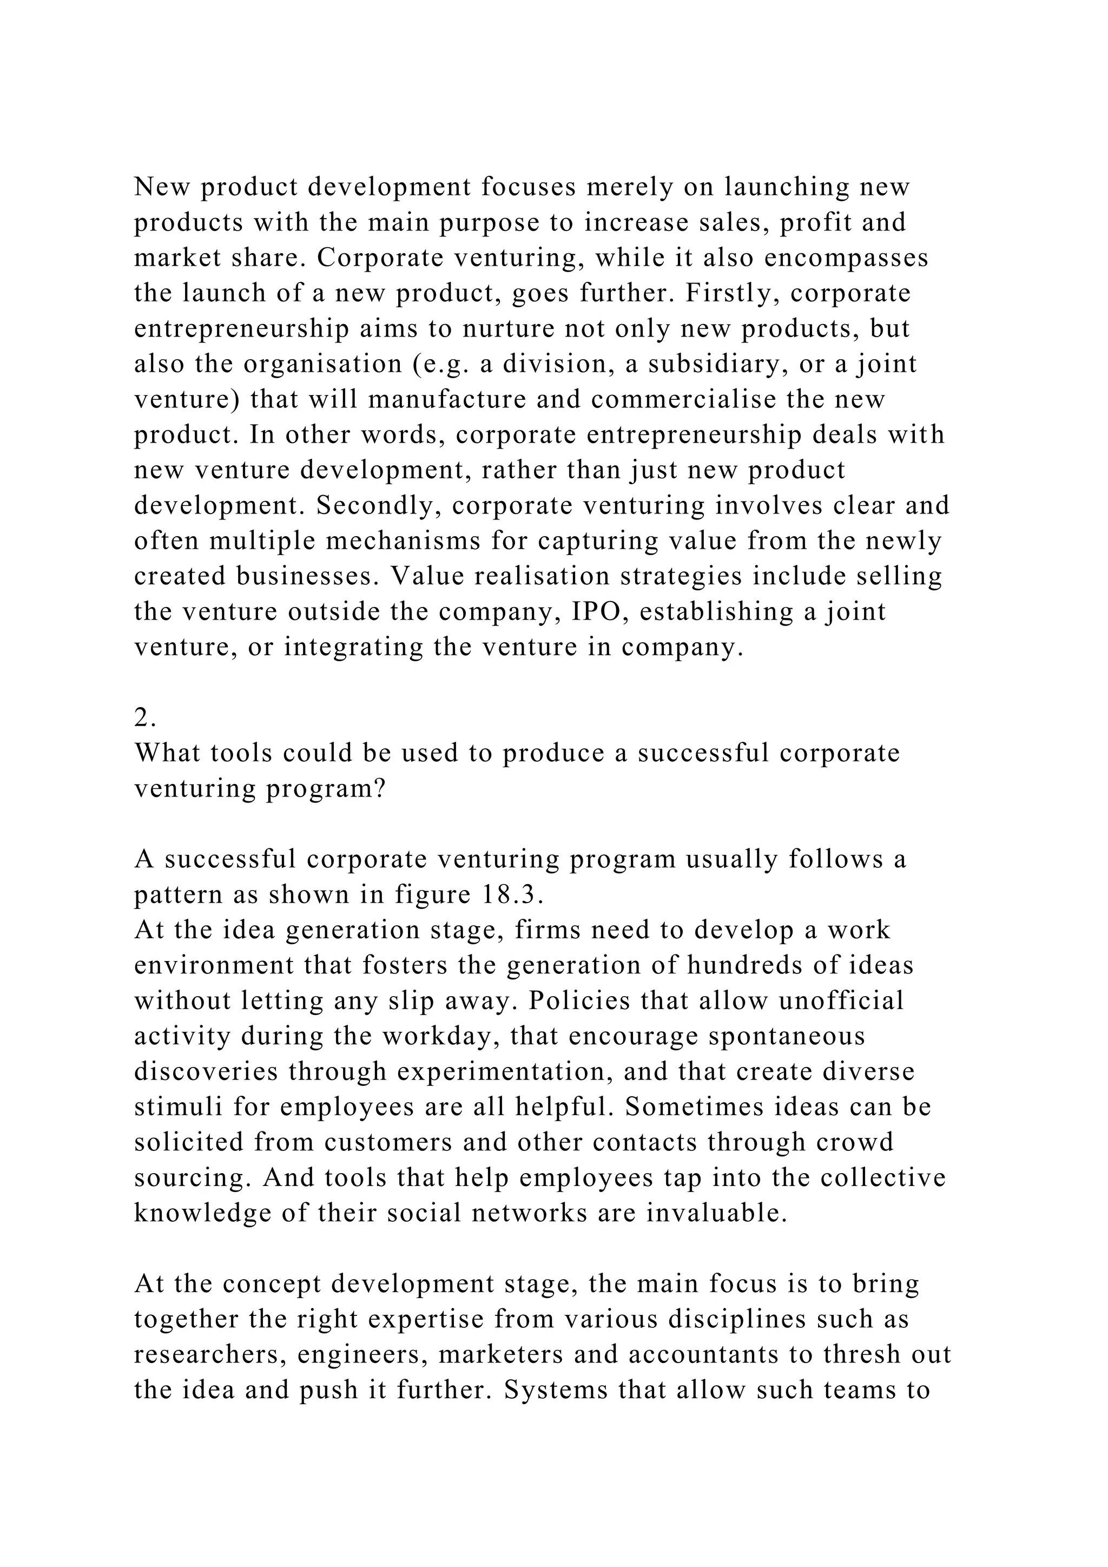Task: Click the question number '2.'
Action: click(146, 718)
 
